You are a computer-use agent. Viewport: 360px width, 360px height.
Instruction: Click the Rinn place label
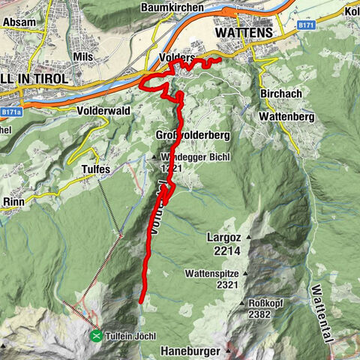[15, 200]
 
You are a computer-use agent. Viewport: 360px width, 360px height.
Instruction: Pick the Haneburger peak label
[189, 350]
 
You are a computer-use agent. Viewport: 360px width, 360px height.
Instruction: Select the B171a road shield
[10, 112]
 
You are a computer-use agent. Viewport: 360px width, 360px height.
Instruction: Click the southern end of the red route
[141, 301]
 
